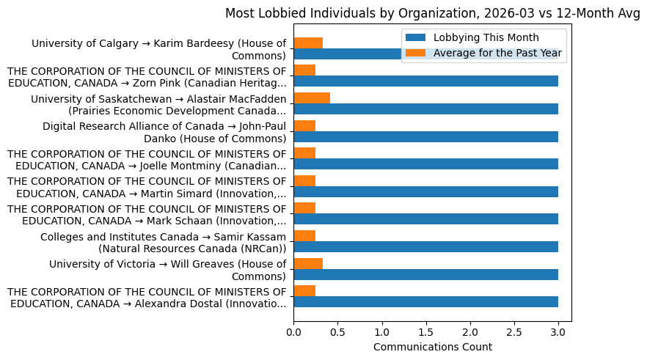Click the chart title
point(432,13)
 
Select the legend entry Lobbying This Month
point(486,38)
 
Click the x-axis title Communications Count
point(432,347)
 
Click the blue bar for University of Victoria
point(425,274)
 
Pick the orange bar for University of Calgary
point(308,43)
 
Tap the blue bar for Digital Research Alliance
point(425,136)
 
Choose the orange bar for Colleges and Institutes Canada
point(304,235)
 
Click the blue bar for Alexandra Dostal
point(425,301)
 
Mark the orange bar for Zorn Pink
point(304,70)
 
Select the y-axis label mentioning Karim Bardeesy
point(158,50)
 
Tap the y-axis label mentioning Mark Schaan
point(147,215)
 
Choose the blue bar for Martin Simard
point(425,191)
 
